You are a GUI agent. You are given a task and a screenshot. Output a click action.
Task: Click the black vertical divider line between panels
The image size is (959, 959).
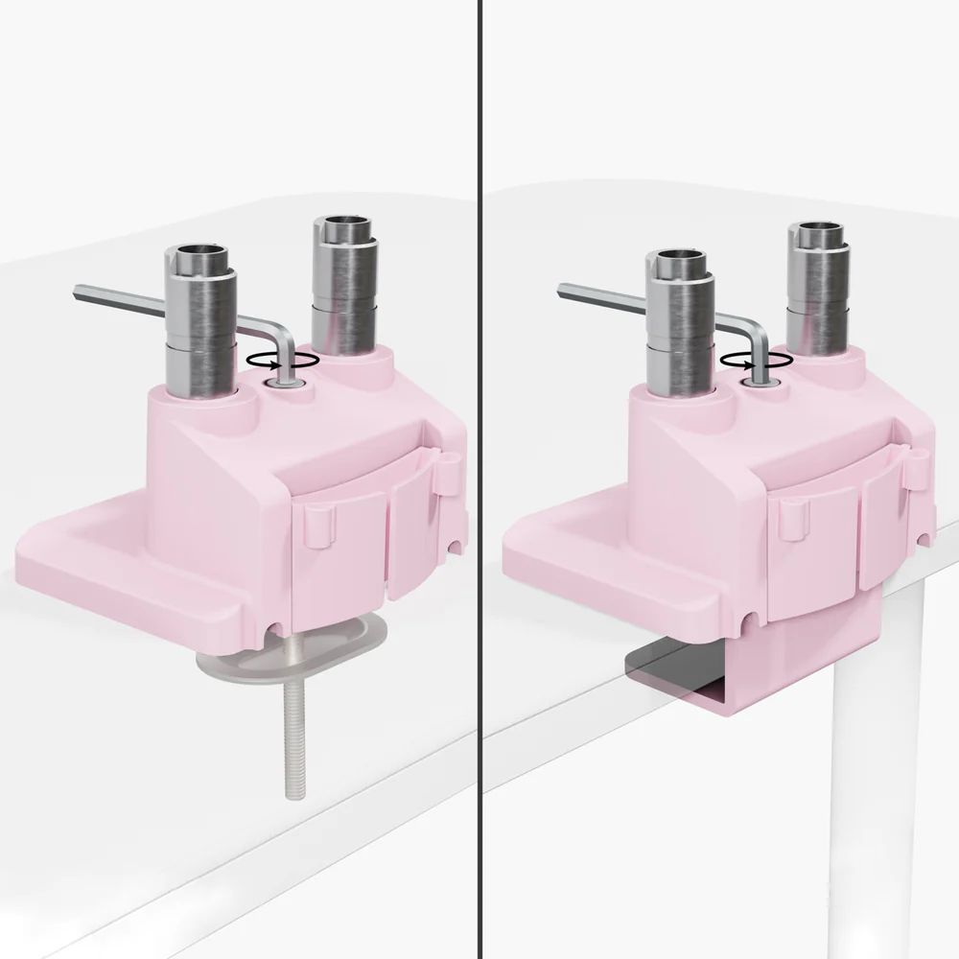point(479,479)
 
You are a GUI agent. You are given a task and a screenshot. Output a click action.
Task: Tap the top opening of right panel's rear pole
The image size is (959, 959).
point(817,230)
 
